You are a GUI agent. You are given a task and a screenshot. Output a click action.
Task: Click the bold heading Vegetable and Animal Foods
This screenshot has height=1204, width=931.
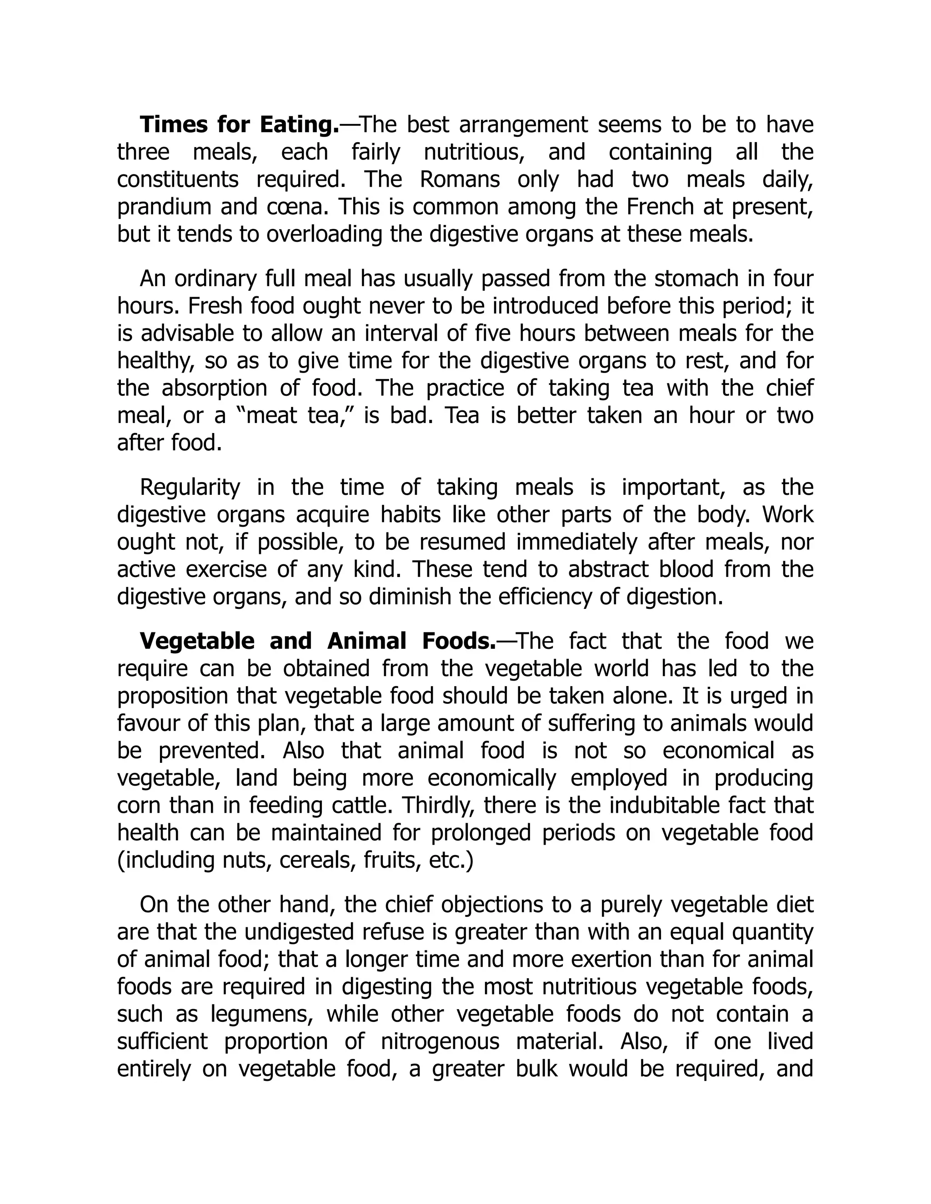tap(318, 641)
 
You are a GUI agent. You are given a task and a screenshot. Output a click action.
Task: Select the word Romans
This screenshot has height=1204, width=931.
tap(460, 180)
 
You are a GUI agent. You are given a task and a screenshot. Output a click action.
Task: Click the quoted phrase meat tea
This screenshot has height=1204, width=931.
tap(295, 416)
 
